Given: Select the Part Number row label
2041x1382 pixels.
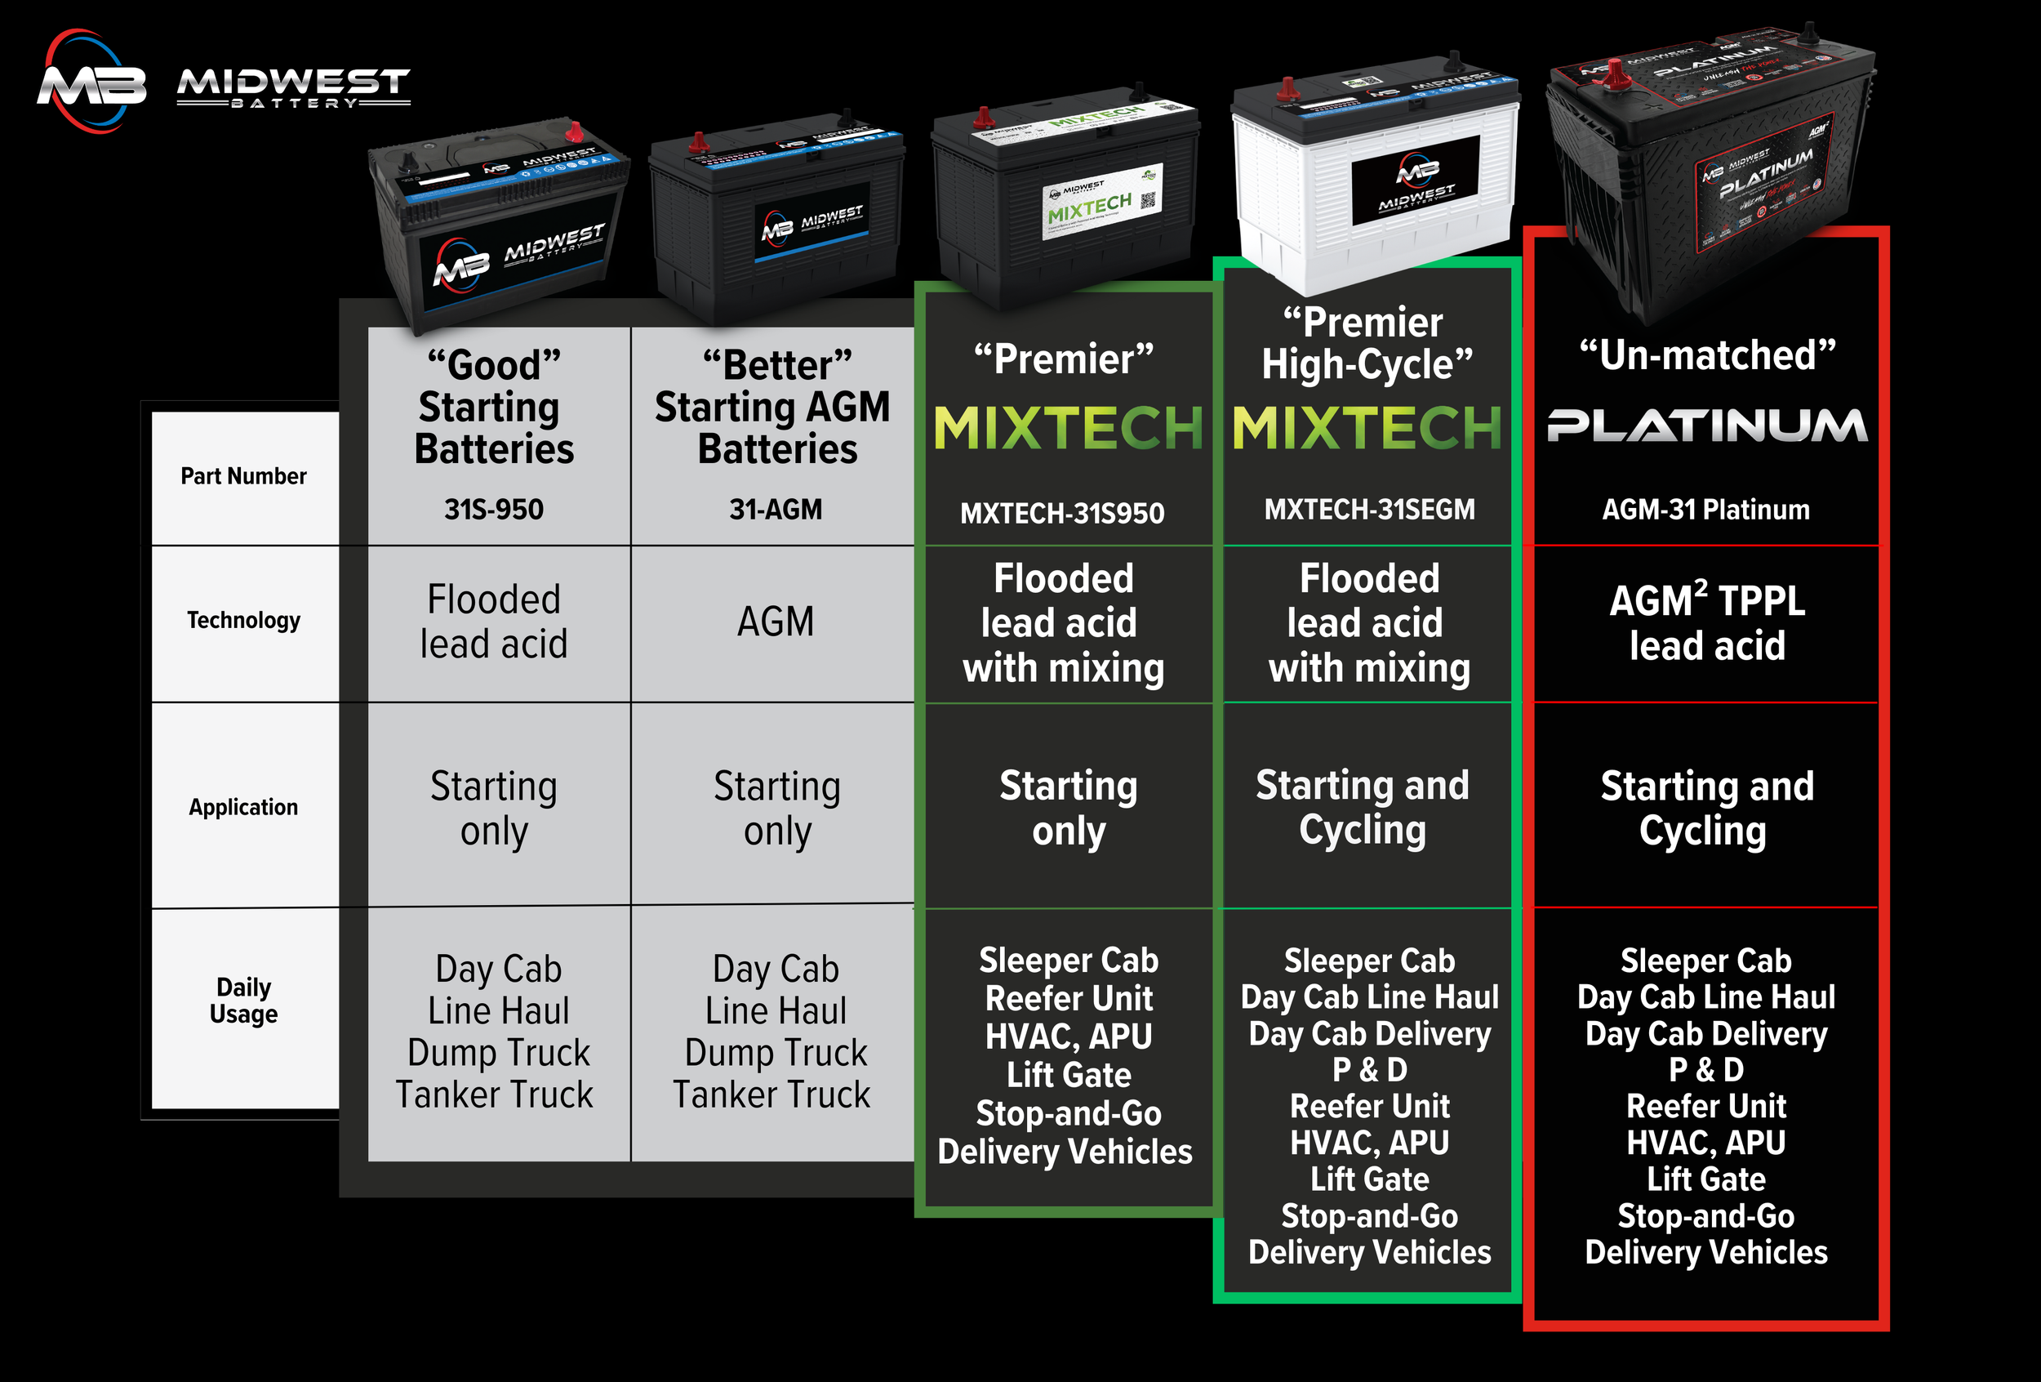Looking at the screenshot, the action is (x=243, y=476).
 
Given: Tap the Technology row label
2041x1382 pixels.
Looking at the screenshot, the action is (x=243, y=620).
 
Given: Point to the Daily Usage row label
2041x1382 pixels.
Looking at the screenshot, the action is (x=243, y=1000).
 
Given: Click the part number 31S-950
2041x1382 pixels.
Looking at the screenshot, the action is (x=494, y=510).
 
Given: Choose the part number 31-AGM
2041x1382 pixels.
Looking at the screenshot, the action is (x=776, y=510).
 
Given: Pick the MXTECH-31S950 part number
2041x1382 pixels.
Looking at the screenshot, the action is (x=1062, y=513).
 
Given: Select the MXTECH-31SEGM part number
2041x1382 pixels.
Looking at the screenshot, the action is (x=1369, y=510).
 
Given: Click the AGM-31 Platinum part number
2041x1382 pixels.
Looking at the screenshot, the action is (x=1705, y=510).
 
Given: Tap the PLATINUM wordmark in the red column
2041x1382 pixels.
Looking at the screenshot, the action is (x=1706, y=426).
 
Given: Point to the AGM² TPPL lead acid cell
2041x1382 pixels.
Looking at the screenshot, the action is (x=1706, y=623).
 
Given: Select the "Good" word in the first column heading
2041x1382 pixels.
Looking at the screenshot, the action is (x=494, y=365).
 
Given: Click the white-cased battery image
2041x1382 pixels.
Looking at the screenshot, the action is (x=1375, y=176).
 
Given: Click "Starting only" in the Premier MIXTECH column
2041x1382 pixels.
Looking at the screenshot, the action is (x=1068, y=808).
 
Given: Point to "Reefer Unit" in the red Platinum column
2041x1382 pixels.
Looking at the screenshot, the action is (x=1705, y=1106).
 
